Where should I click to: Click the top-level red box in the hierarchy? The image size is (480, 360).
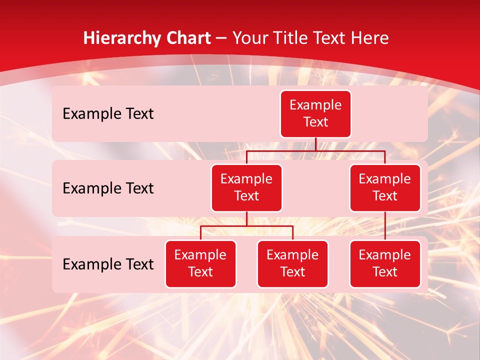[315, 113]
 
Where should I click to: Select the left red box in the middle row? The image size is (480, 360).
[246, 187]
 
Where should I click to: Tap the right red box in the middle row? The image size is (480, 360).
[385, 187]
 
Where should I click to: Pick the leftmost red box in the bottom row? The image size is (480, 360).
[200, 263]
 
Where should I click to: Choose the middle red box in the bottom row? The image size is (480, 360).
[292, 263]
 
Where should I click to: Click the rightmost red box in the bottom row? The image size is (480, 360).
[385, 263]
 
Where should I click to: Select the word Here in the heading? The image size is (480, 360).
[369, 38]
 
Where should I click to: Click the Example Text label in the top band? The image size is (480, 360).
[108, 113]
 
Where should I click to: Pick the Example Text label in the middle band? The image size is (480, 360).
[108, 188]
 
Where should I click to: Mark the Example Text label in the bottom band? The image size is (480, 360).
[108, 264]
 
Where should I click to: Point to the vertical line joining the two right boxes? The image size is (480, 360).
[385, 226]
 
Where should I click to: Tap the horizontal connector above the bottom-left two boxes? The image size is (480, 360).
[246, 226]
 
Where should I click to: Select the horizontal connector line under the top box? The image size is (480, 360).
[315, 150]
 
